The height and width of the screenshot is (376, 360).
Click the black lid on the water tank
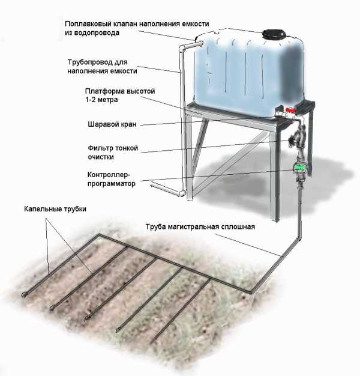point(274,34)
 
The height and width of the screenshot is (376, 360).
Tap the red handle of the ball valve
point(291,111)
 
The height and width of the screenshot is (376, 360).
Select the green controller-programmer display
point(299,168)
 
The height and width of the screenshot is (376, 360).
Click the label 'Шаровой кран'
point(112,124)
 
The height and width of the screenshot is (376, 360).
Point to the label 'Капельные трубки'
point(55,209)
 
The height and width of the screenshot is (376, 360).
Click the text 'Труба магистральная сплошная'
point(200,226)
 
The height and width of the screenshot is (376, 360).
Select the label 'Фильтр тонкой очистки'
point(113,153)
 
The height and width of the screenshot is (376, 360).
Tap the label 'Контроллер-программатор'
point(112,179)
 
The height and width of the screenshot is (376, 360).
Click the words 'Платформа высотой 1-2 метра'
point(120,95)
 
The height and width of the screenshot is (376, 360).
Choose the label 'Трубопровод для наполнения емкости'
point(102,67)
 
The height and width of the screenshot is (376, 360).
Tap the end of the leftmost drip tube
point(25,295)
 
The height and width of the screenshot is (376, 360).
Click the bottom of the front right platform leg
point(276,219)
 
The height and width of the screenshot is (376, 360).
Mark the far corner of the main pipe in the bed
point(100,234)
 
